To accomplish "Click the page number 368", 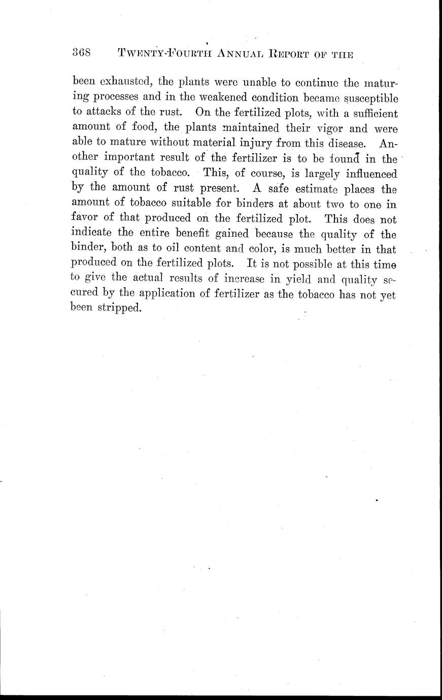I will point(81,52).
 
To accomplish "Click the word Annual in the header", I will point(242,52).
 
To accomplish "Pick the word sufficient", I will point(370,113).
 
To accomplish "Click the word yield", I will point(289,279).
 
